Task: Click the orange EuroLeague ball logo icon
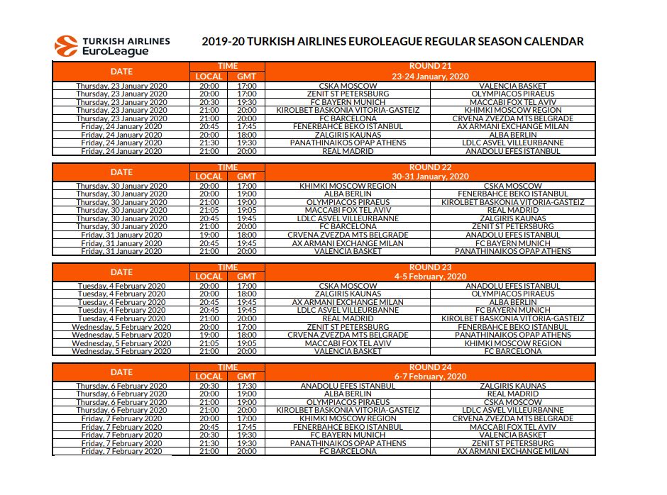click(x=66, y=46)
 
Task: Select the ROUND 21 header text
click(x=430, y=67)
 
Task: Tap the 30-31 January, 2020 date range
click(x=430, y=177)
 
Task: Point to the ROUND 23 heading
click(x=430, y=267)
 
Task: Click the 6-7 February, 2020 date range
click(x=430, y=377)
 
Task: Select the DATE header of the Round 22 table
click(x=121, y=172)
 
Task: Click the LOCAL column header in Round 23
click(x=209, y=277)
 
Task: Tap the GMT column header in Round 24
click(x=246, y=377)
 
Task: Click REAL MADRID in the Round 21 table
click(x=348, y=151)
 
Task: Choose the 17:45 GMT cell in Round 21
click(x=246, y=126)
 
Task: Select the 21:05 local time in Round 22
click(x=209, y=210)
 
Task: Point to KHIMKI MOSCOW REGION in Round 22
click(x=348, y=186)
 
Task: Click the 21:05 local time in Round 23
click(x=209, y=343)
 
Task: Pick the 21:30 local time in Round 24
click(x=209, y=443)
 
